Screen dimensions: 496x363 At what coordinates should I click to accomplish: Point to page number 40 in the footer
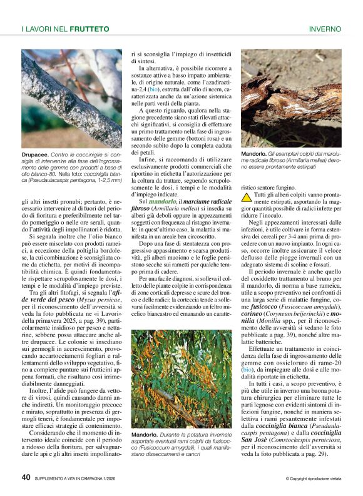pos(26,477)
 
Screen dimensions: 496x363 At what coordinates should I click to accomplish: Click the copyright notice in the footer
pos(313,478)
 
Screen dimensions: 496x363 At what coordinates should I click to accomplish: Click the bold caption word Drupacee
pos(35,153)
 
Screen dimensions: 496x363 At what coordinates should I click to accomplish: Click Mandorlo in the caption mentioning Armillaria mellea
pos(255,154)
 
